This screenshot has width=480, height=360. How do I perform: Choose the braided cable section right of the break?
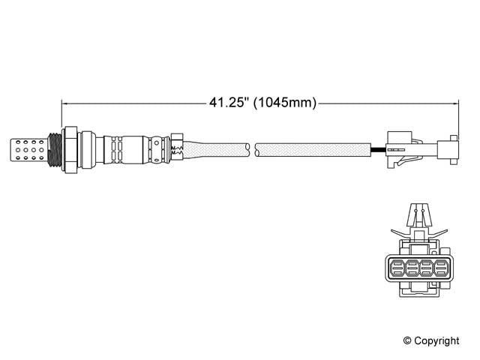click(315, 149)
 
